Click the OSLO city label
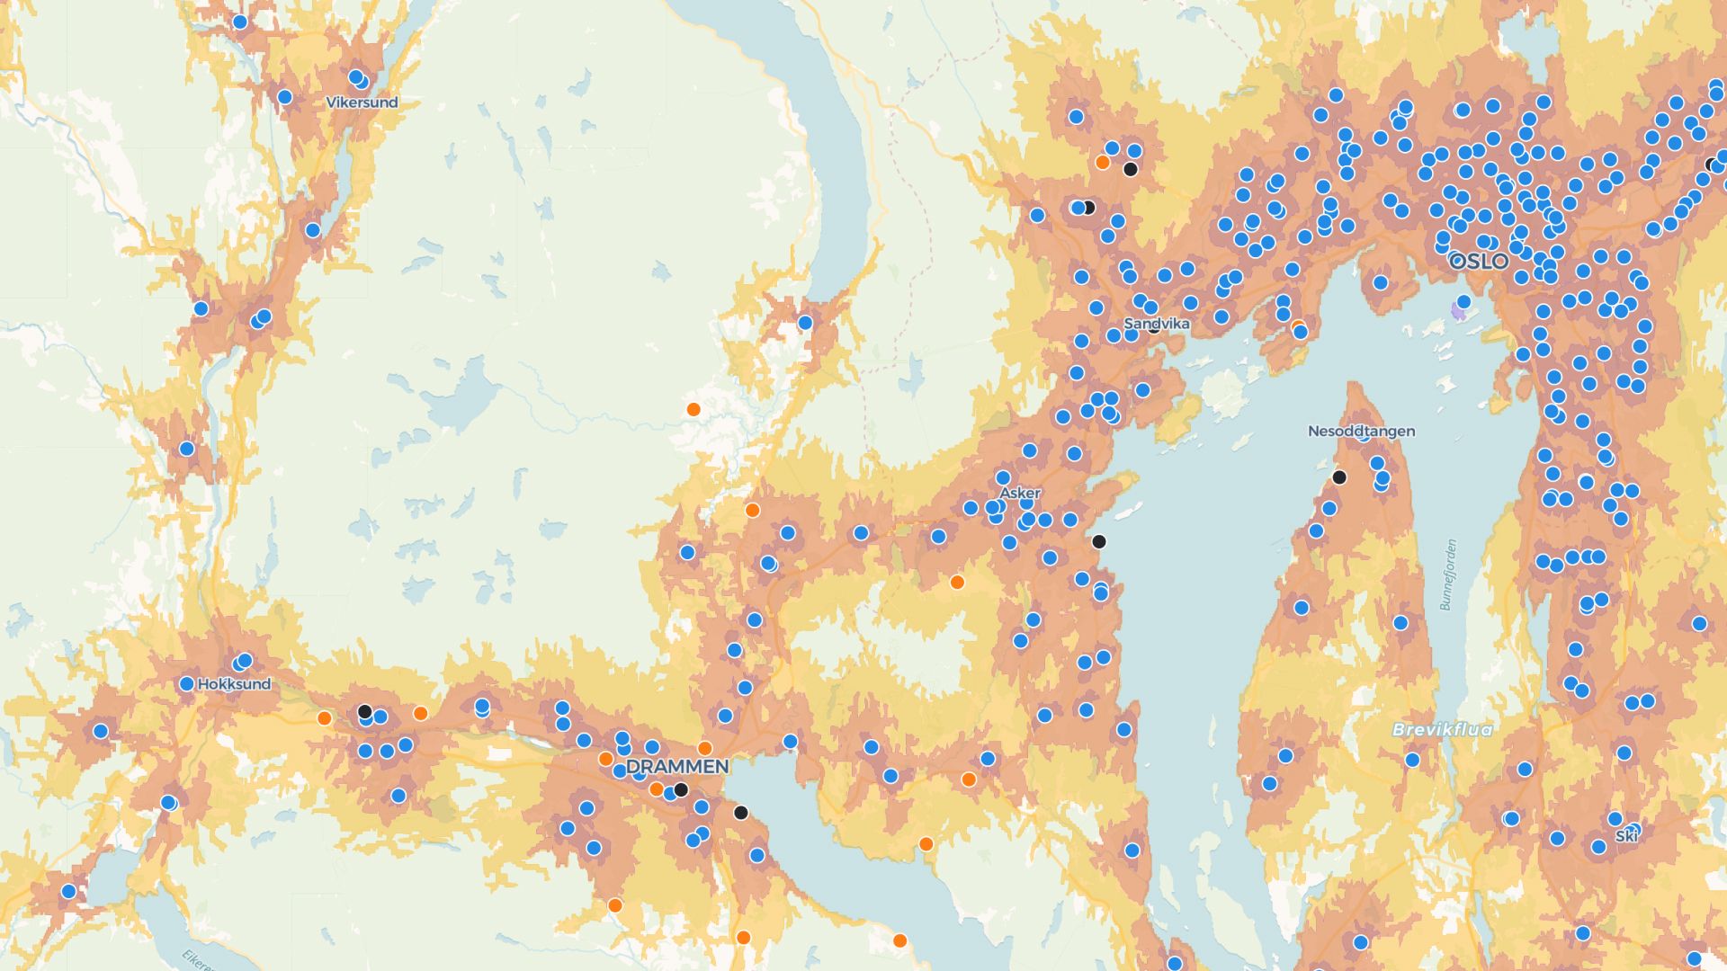(x=1480, y=262)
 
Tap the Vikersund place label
(x=362, y=102)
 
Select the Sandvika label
(x=1157, y=324)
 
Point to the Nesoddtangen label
(x=1361, y=432)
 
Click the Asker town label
(x=1020, y=494)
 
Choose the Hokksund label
(x=234, y=684)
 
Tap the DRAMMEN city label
(x=676, y=767)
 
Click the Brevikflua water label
(x=1442, y=730)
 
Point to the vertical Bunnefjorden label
(x=1448, y=575)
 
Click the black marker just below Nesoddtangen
(x=1339, y=477)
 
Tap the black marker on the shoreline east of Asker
(x=1098, y=541)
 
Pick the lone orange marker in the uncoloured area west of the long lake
(x=693, y=410)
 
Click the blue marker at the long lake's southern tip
(x=805, y=323)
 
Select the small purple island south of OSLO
(x=1459, y=312)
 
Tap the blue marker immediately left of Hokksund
(x=186, y=684)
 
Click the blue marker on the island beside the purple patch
(x=1463, y=301)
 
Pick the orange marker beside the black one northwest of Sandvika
(x=1102, y=163)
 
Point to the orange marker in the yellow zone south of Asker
(x=957, y=583)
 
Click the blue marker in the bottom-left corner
(x=68, y=892)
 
